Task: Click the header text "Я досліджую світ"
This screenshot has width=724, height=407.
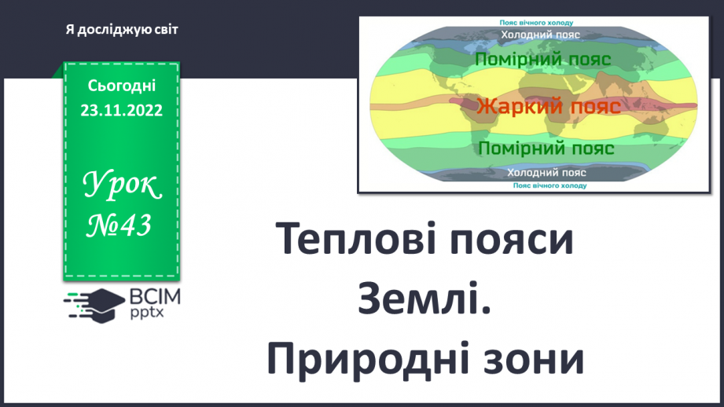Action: click(x=123, y=30)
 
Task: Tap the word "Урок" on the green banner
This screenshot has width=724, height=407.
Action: click(x=122, y=186)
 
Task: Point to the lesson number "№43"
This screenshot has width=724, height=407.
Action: click(x=119, y=226)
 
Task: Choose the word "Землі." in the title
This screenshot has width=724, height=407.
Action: click(x=424, y=300)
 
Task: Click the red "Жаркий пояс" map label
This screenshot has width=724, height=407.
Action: click(x=547, y=105)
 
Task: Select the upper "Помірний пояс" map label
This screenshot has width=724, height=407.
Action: click(x=544, y=59)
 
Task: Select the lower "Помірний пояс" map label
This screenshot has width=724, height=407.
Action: click(x=546, y=148)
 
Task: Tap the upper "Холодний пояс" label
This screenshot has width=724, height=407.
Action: click(x=540, y=35)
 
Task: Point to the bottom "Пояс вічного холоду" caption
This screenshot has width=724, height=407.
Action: click(x=549, y=185)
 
